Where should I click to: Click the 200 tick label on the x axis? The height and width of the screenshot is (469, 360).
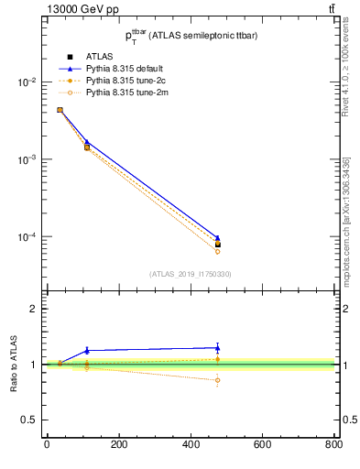118,444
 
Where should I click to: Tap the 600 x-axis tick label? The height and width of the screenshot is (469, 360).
262,444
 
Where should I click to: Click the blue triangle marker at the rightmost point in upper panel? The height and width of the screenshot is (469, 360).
217,238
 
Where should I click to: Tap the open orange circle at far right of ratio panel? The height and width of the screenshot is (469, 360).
217,380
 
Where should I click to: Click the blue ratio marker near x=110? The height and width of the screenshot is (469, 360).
87,350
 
